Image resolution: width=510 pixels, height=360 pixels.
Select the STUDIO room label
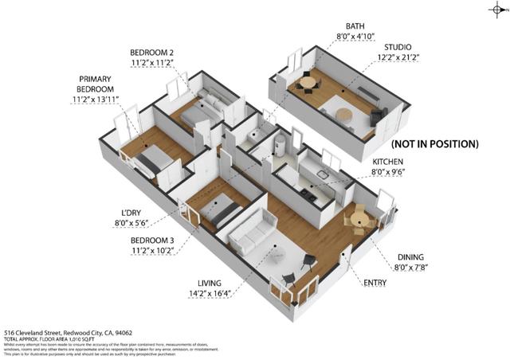click(x=398, y=48)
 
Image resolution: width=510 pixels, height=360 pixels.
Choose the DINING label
click(x=413, y=256)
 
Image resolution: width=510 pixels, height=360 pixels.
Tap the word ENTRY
click(x=375, y=283)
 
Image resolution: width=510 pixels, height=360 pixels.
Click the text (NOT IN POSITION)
click(x=434, y=144)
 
